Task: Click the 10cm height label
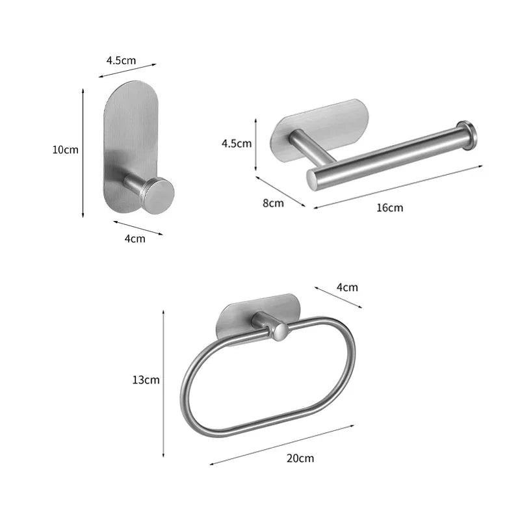[65, 149]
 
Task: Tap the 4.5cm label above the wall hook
[121, 60]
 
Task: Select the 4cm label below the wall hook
[135, 239]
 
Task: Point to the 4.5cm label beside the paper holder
[237, 144]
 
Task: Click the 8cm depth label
[273, 203]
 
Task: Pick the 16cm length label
[390, 208]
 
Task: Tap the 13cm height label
[146, 380]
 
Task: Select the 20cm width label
[300, 458]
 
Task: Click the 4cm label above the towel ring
[346, 287]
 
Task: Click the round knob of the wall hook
[158, 195]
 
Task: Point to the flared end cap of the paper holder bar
[466, 135]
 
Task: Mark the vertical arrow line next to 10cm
[83, 153]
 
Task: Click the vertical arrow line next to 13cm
[163, 383]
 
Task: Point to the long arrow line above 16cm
[398, 187]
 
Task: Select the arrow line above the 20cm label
[282, 445]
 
